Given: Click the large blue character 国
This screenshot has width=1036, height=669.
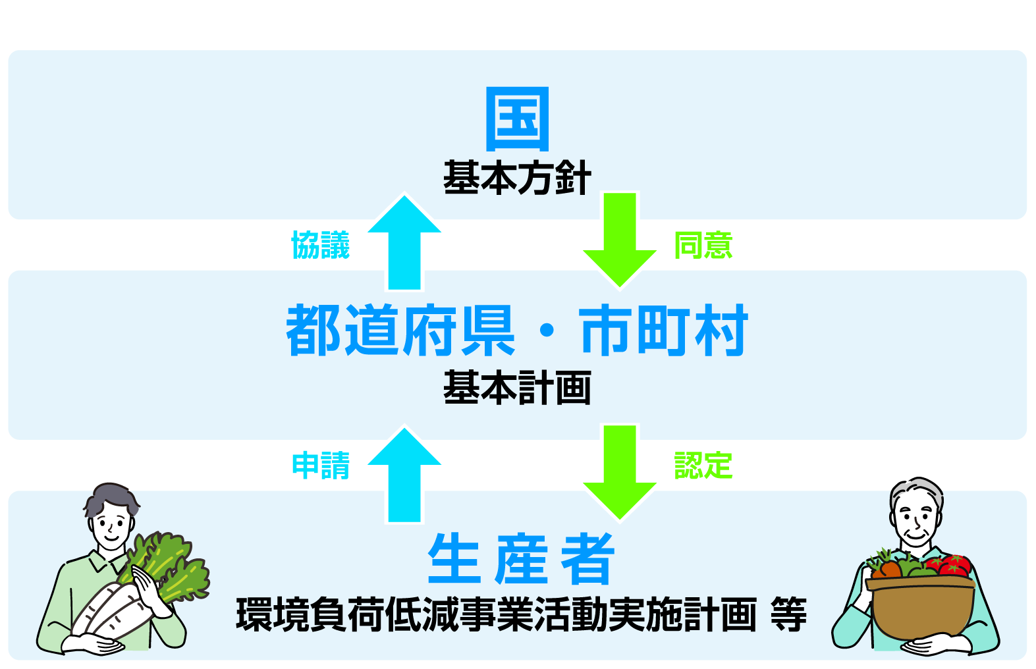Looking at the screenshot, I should click(x=517, y=119).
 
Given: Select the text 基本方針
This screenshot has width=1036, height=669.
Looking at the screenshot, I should click(x=517, y=178).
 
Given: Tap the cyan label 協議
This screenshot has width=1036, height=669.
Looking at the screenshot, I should click(x=321, y=245).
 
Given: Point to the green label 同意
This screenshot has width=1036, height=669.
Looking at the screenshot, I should click(x=703, y=245).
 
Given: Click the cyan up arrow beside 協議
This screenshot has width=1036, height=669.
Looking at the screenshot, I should click(x=404, y=244).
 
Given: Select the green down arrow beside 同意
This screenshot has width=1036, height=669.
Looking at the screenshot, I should click(x=620, y=240).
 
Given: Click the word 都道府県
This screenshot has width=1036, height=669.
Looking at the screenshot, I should click(x=400, y=331).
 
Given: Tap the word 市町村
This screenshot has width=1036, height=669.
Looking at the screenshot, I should click(x=664, y=331).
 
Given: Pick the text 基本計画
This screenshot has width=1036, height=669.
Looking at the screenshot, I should click(x=517, y=388).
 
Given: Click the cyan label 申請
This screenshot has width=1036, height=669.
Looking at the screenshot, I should click(x=321, y=466).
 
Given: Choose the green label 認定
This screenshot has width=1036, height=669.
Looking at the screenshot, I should click(x=703, y=466).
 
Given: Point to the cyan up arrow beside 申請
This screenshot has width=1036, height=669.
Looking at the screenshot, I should click(x=404, y=475).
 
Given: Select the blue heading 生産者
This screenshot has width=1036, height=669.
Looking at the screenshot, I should click(x=521, y=559).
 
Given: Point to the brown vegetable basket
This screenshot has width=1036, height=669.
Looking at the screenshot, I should click(x=922, y=606).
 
